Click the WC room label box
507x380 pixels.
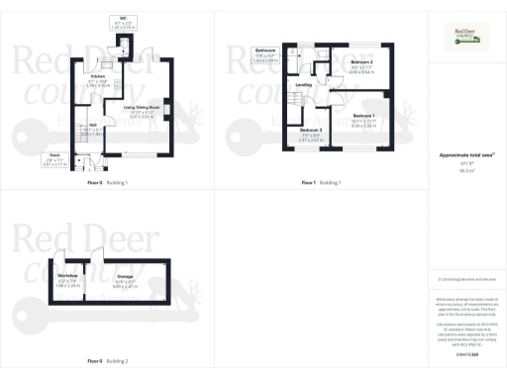coord(123,23)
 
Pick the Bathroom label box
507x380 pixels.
coord(264,53)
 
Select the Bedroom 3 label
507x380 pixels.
coord(311,134)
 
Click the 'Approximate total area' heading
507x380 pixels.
coord(468,154)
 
